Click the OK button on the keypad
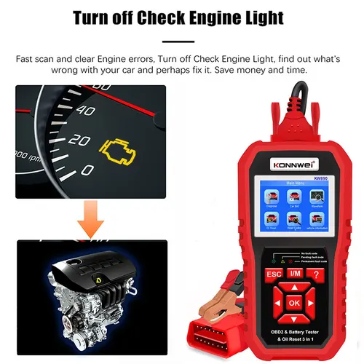coord(293,301)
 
